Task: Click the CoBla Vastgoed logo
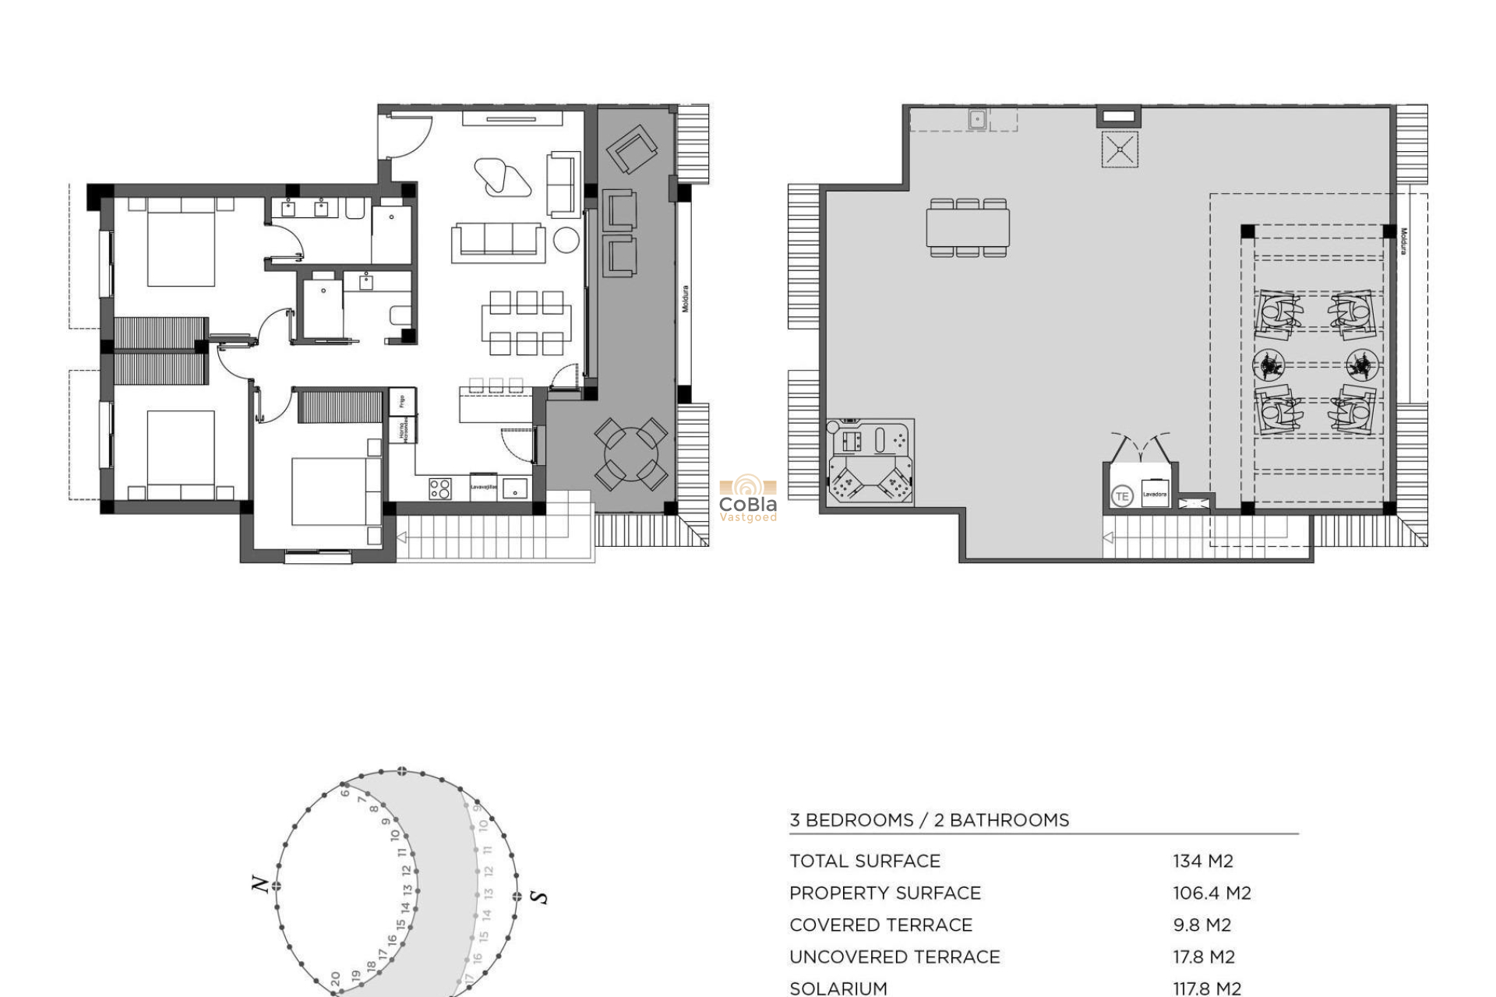(x=747, y=500)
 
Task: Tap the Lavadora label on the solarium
(x=1154, y=494)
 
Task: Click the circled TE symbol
(x=1121, y=496)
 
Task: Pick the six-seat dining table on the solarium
(x=968, y=227)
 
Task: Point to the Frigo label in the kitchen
(x=402, y=401)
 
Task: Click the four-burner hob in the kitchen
(x=439, y=488)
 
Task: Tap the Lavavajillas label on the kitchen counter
(x=483, y=487)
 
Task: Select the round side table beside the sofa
(x=566, y=241)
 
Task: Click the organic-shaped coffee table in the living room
(x=502, y=178)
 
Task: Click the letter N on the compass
(x=260, y=884)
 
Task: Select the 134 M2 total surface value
(x=1202, y=861)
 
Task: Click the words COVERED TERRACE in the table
(x=880, y=925)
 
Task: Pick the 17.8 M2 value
(x=1203, y=956)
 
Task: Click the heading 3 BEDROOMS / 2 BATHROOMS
(x=929, y=820)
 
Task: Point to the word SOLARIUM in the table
(x=838, y=988)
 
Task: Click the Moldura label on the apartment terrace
(x=686, y=299)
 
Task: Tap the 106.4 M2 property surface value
(x=1212, y=893)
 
